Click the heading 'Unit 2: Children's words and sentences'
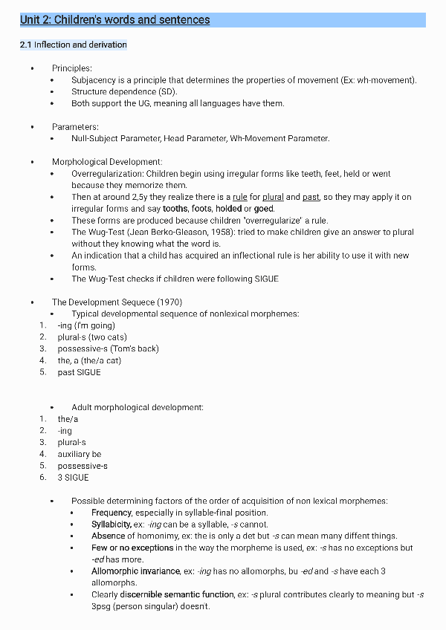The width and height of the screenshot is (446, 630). [x=115, y=20]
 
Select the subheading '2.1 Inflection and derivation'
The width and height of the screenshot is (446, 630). [x=74, y=45]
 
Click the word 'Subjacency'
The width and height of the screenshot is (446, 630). [x=91, y=80]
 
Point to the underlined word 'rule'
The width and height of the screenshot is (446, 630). [x=239, y=197]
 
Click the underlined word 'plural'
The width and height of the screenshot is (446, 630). [x=273, y=197]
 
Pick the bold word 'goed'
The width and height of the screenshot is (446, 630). [x=264, y=209]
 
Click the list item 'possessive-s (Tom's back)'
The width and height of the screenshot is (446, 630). [x=108, y=348]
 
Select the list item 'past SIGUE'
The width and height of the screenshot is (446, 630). [x=79, y=372]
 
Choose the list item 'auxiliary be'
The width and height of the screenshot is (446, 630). [x=80, y=454]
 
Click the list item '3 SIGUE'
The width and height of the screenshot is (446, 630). [x=73, y=478]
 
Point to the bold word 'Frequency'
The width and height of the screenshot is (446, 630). [x=112, y=513]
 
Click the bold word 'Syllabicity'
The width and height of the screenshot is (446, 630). [x=111, y=525]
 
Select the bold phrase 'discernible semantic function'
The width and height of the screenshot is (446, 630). [x=175, y=594]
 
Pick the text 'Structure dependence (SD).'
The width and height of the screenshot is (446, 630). [x=114, y=91]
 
